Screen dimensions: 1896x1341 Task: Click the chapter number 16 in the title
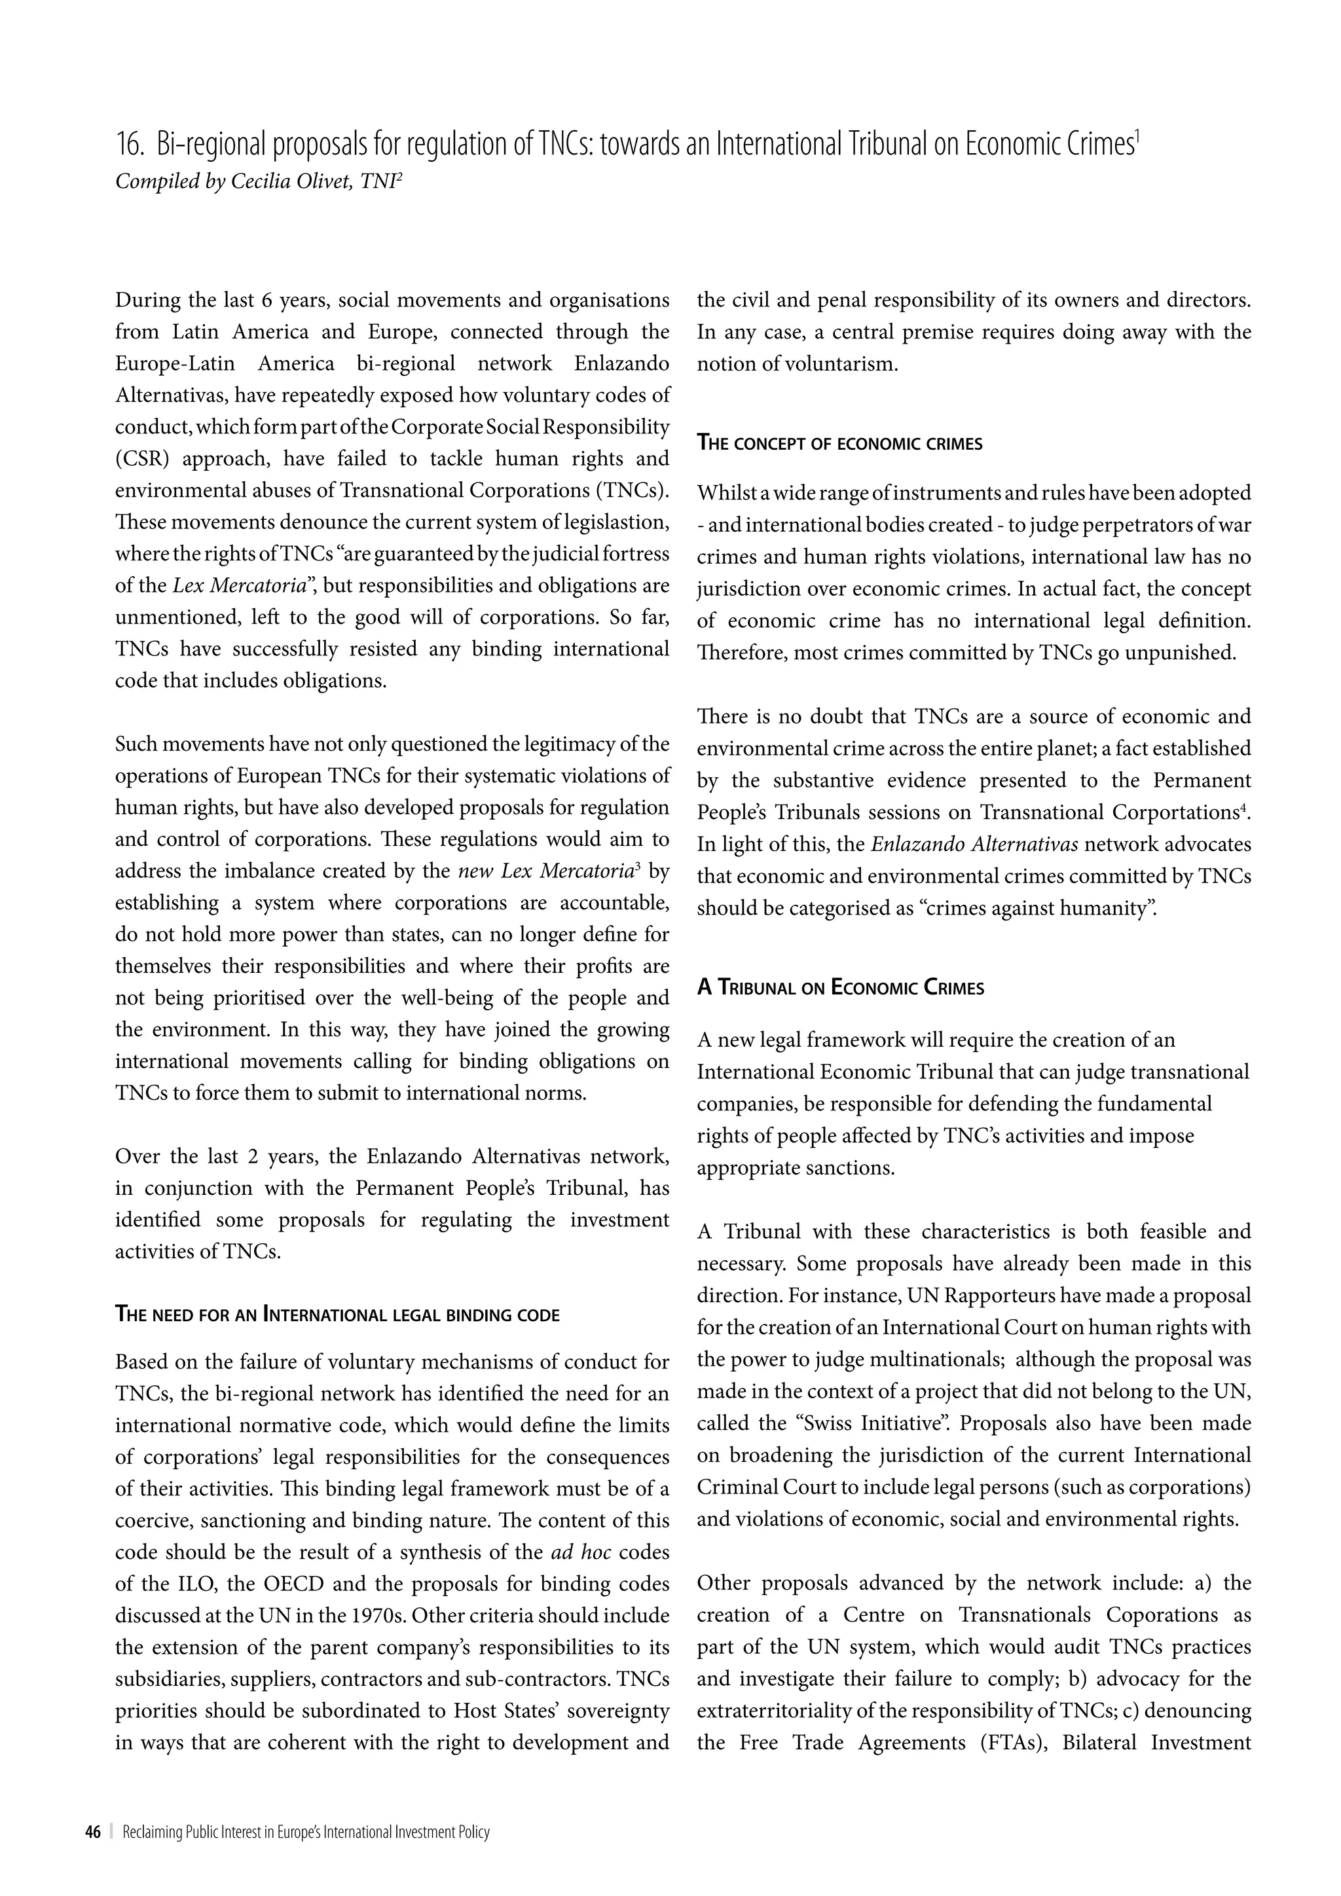tap(129, 145)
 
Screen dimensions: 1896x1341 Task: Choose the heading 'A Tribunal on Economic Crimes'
tap(840, 988)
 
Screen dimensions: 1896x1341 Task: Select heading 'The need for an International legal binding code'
tap(337, 1314)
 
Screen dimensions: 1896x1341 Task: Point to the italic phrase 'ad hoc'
tap(581, 1552)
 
